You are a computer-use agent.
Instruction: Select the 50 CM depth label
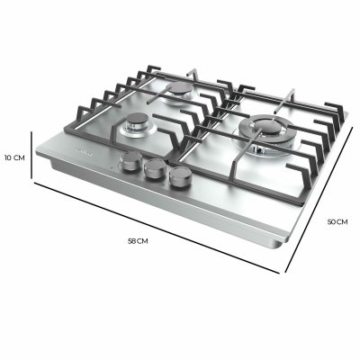[x=337, y=221]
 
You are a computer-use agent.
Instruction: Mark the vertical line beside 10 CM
[x=34, y=157]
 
